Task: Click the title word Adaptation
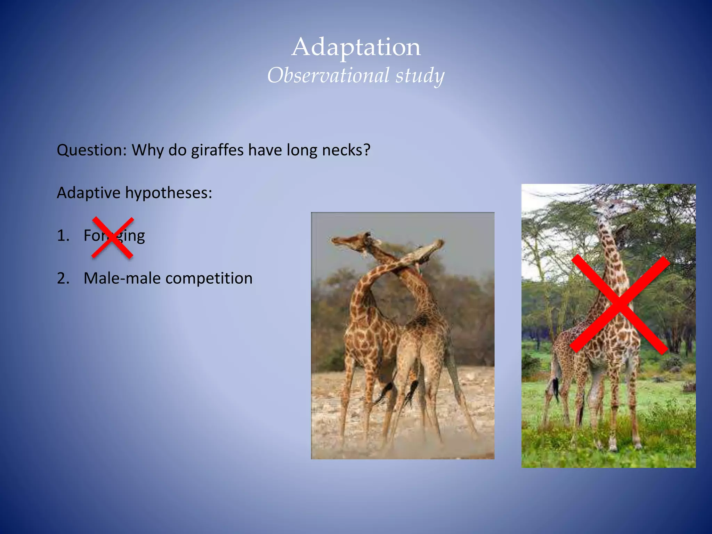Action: point(356,47)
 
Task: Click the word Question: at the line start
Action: point(92,150)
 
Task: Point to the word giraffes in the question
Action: point(217,150)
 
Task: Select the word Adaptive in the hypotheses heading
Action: point(88,193)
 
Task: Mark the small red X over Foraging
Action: point(113,238)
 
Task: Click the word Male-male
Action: point(121,278)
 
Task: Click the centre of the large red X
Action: point(620,305)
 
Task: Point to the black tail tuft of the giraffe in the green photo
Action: point(556,388)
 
